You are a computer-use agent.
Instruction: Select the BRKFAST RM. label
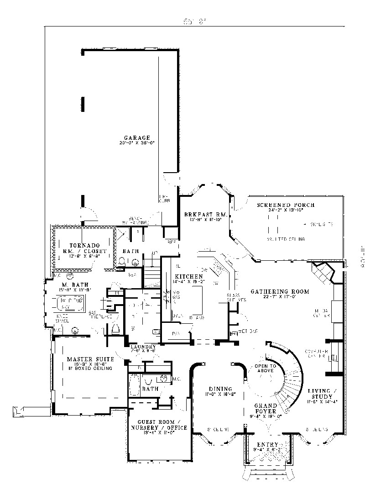coord(203,214)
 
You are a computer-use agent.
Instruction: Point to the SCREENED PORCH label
coord(286,205)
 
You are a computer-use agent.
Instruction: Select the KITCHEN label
coord(188,277)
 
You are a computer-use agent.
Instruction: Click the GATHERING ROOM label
coord(280,291)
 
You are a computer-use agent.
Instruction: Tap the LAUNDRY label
coord(143,347)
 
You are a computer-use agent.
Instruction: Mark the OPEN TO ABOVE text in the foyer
coord(266,369)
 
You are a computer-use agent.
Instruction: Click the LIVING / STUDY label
coord(322,394)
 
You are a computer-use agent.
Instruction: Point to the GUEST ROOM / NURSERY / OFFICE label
coord(159,424)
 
